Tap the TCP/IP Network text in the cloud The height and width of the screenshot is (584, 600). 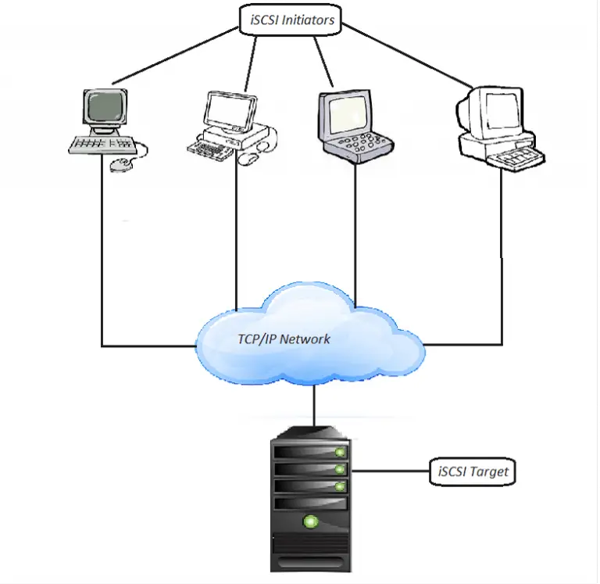[284, 339]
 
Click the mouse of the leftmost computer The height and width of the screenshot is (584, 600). [120, 163]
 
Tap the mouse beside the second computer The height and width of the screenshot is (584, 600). [248, 158]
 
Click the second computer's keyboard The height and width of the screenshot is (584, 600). [212, 149]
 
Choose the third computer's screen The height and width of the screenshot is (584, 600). [344, 114]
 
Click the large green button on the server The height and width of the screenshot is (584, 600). [311, 519]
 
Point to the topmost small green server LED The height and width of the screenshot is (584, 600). [339, 453]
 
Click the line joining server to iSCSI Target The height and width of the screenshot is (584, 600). [391, 471]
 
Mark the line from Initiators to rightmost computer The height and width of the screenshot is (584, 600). [406, 55]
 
